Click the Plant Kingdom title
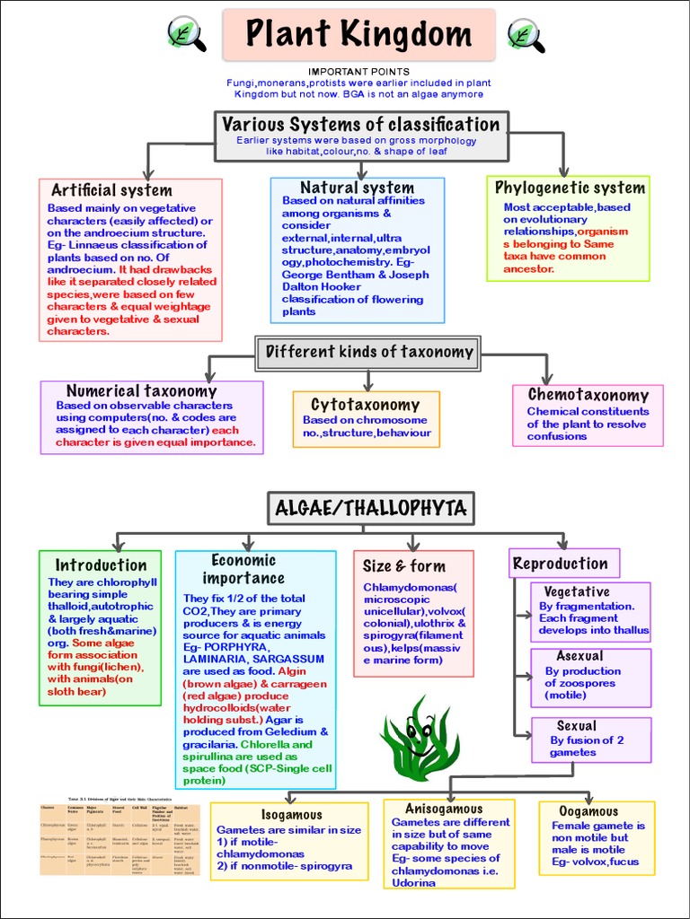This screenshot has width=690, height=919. (358, 36)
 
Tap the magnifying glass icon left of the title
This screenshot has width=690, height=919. (186, 34)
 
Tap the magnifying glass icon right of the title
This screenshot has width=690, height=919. (526, 34)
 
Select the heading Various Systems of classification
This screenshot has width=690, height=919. (360, 125)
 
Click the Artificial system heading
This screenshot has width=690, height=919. (111, 190)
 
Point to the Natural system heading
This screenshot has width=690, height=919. (357, 188)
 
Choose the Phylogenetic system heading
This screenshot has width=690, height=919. (570, 188)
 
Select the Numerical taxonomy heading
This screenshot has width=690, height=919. (141, 391)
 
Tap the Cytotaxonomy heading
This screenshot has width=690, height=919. (365, 405)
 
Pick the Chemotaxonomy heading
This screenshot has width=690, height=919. (588, 395)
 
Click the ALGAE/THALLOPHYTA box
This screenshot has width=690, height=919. (370, 509)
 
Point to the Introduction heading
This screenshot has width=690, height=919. (101, 565)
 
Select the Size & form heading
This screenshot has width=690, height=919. (403, 565)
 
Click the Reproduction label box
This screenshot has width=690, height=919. (561, 564)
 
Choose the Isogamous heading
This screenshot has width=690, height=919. (291, 815)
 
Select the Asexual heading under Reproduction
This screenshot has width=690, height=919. (579, 656)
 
